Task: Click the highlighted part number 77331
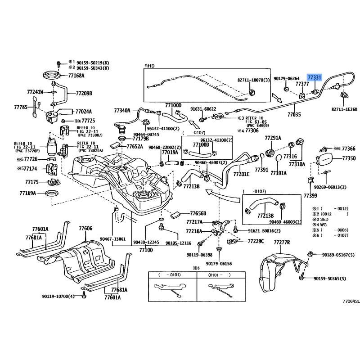point(315,77)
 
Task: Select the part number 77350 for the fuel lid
point(349,158)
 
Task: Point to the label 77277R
point(282,243)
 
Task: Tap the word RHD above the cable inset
point(149,66)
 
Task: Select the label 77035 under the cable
point(294,115)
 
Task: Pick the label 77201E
point(241,174)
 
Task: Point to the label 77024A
point(83,111)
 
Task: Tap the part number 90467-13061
point(112,239)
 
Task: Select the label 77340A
point(122,110)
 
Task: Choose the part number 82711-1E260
point(344,109)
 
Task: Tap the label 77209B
point(84,94)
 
